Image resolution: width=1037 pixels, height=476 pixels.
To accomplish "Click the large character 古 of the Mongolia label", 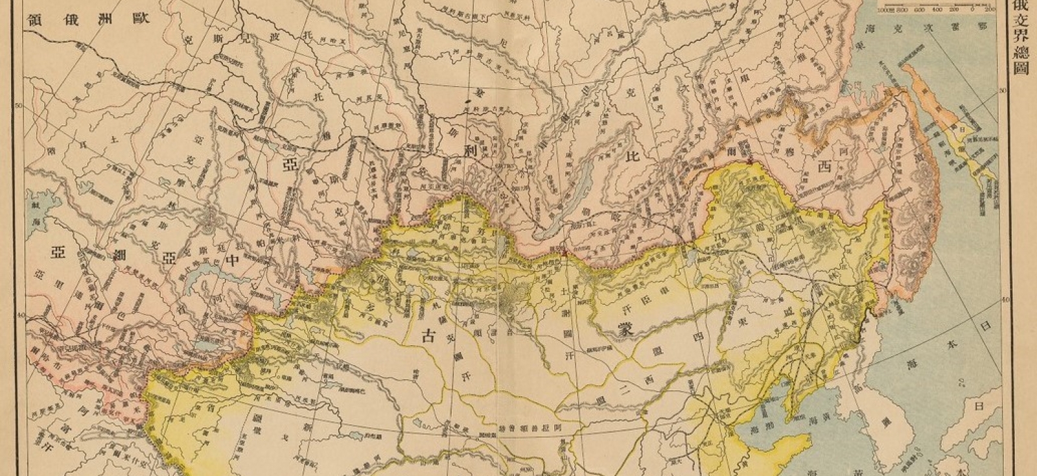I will pos(428,335).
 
